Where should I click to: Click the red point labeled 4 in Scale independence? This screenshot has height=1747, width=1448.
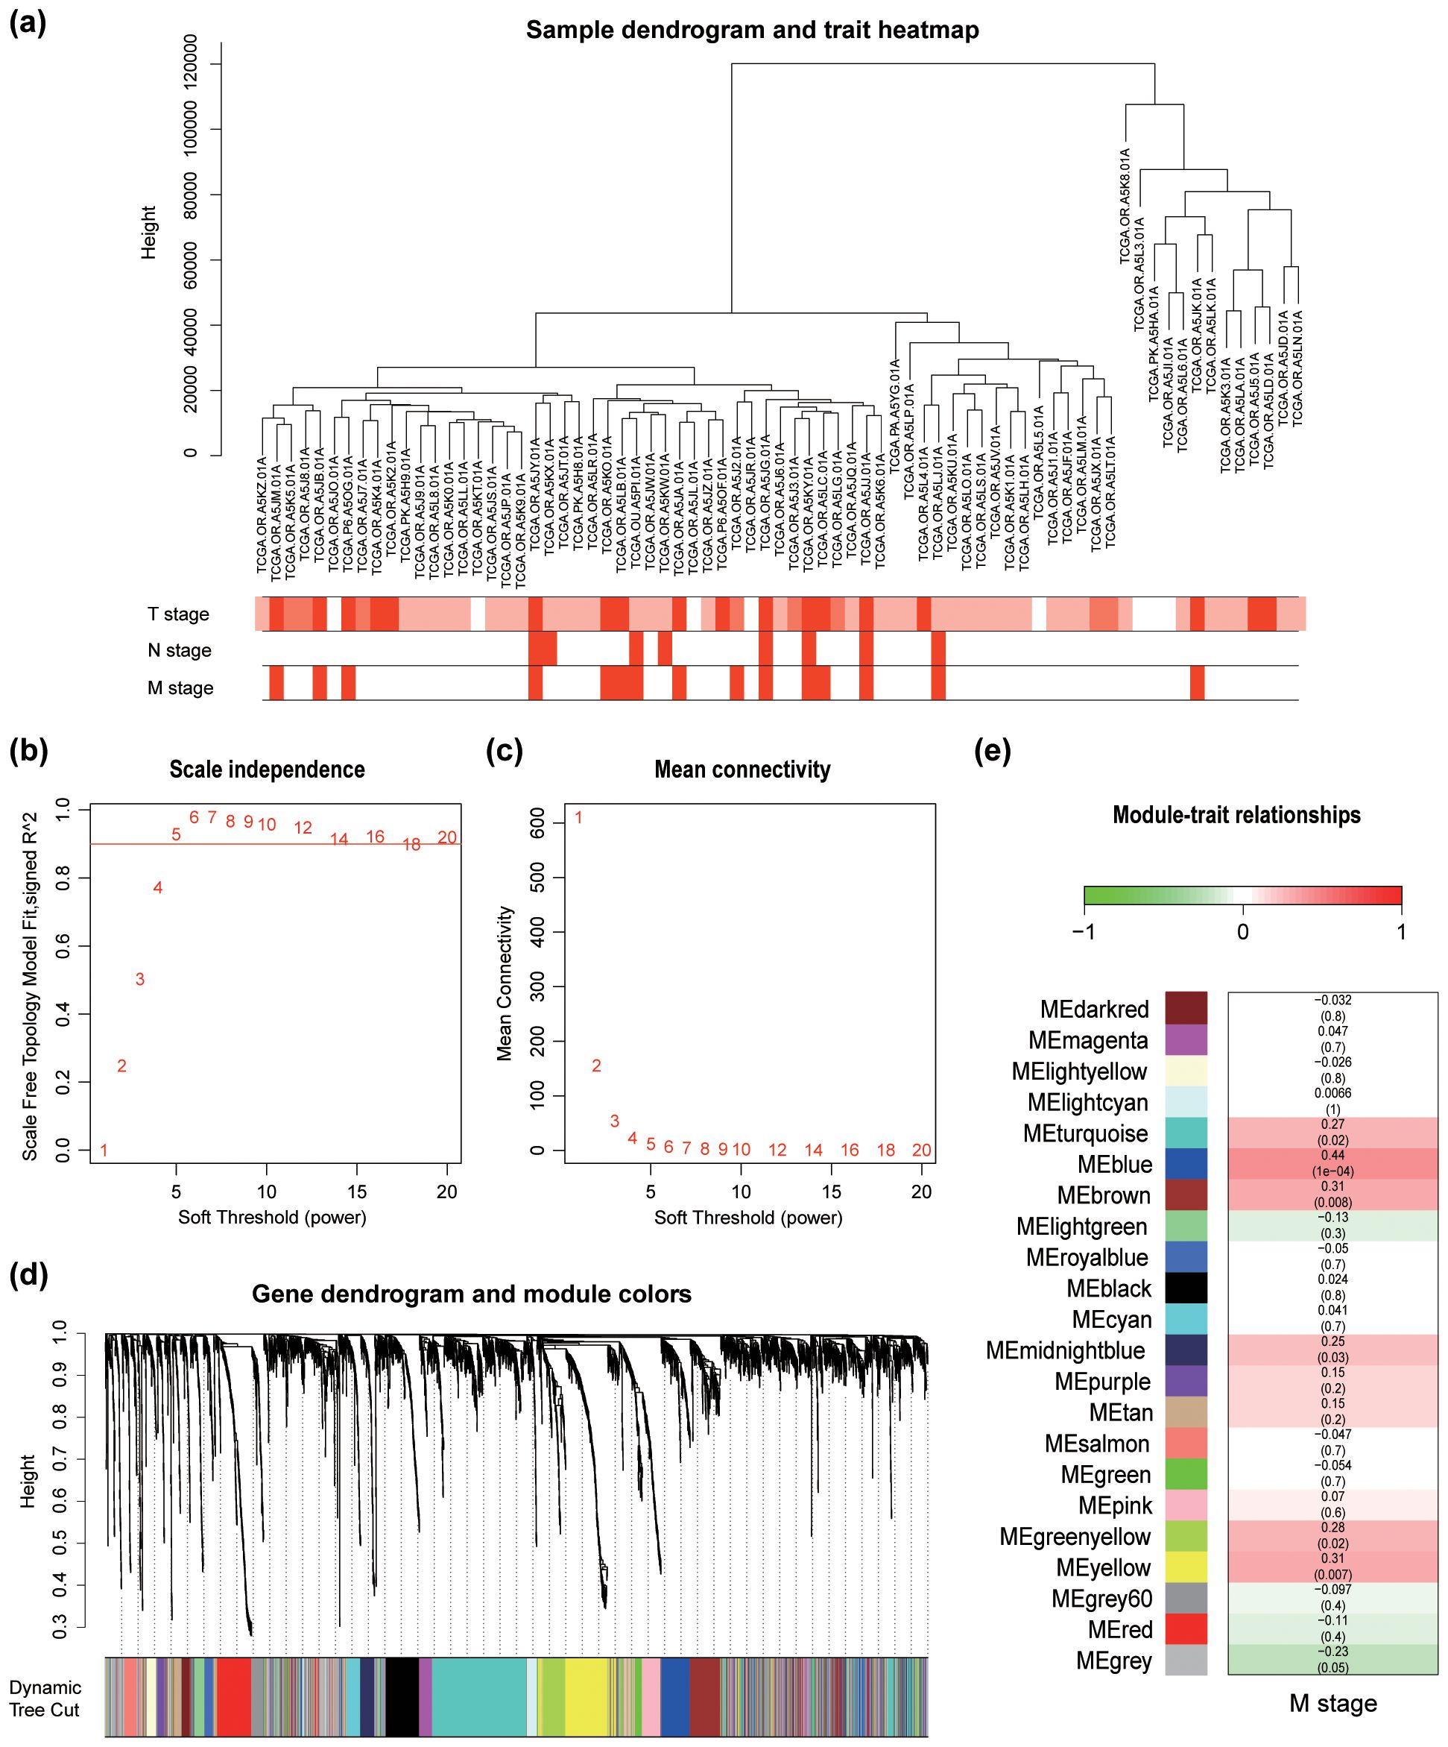(157, 887)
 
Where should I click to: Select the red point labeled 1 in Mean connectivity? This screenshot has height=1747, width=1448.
(579, 818)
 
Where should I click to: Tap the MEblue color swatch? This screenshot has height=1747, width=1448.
(1186, 1164)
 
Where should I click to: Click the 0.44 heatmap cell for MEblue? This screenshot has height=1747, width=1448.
(1332, 1163)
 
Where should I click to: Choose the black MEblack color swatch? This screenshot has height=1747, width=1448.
(1186, 1288)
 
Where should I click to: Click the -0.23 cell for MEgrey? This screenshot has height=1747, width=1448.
(1332, 1660)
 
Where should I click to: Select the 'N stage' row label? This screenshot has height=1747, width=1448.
(180, 649)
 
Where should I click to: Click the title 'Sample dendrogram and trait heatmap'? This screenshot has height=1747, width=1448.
(752, 31)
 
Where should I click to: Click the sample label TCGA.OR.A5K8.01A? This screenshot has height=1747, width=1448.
(1125, 207)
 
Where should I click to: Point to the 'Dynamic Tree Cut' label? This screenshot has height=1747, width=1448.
(45, 1698)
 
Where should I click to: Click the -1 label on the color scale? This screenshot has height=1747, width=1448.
(1084, 931)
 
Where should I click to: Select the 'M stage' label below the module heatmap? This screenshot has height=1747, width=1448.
(1332, 1704)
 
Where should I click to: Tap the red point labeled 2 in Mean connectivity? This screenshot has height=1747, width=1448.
(596, 1065)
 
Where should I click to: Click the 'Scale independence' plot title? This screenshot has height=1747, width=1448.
(267, 769)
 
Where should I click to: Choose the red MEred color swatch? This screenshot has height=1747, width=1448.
(1186, 1629)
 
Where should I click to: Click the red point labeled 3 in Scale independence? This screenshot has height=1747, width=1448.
(139, 979)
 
